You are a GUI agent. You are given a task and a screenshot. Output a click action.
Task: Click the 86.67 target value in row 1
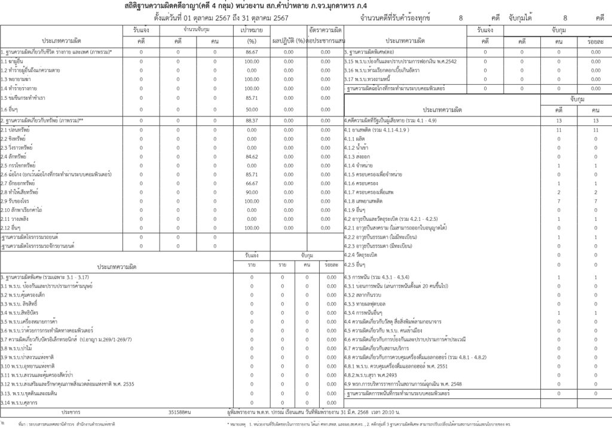252,53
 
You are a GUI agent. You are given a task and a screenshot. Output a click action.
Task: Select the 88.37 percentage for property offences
252,121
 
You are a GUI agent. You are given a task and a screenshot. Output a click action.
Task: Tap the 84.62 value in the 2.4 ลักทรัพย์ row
252,156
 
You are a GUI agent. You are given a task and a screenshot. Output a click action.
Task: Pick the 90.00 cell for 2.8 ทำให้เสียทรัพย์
252,192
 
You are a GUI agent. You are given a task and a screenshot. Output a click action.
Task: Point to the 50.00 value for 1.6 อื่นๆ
252,109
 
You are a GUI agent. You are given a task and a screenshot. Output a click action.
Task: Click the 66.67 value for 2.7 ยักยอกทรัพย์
252,183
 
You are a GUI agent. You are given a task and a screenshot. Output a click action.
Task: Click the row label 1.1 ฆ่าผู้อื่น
13,61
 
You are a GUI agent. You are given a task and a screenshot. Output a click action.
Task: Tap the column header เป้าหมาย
252,29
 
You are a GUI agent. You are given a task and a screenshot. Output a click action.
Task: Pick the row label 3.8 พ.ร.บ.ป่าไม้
16,348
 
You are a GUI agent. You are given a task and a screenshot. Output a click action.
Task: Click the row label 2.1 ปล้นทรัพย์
16,130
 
